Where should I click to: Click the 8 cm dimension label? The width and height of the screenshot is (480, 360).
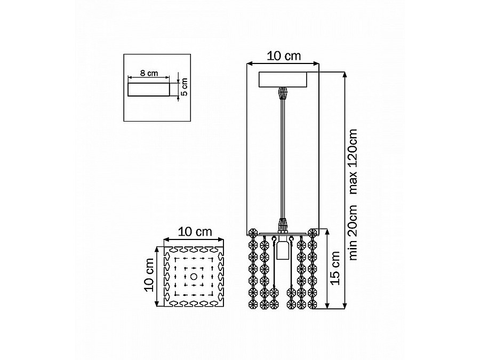coord(149,73)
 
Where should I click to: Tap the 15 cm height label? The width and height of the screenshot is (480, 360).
coord(335,268)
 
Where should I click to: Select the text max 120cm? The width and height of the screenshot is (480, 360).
coord(353,162)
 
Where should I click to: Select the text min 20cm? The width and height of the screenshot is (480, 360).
coord(353,233)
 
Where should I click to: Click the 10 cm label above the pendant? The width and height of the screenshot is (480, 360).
coord(284,56)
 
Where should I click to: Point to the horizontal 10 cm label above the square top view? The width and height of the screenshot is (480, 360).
coord(195,232)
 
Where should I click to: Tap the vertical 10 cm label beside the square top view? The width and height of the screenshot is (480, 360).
coord(149,275)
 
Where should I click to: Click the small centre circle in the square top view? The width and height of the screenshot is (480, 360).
coord(194,277)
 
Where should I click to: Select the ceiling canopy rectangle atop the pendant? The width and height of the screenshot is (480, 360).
coord(283,79)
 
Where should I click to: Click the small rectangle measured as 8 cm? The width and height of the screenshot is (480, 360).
coord(149,90)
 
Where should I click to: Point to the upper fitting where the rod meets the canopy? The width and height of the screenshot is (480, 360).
coord(283,94)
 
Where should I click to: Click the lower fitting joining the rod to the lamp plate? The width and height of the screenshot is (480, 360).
coord(283,225)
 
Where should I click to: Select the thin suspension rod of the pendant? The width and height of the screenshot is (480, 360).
coord(283,159)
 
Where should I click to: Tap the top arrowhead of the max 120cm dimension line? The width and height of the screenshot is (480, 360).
coord(345,74)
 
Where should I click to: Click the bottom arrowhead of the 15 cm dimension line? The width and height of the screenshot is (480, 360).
coord(327,306)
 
